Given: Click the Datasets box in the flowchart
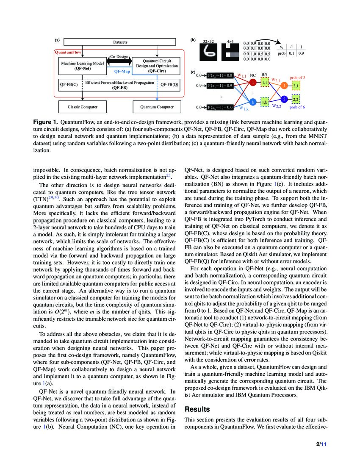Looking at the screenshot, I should click(x=120, y=42).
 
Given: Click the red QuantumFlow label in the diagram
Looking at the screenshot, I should click(x=69, y=53).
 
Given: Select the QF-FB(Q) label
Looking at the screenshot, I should click(x=169, y=84).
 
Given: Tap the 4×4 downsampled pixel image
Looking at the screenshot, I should click(x=231, y=52).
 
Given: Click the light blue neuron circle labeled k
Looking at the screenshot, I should click(x=253, y=102).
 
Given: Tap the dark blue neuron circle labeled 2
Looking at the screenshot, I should click(x=285, y=99).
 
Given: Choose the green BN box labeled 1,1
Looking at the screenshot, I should click(x=265, y=83).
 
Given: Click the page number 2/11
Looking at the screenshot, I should click(x=320, y=444).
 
